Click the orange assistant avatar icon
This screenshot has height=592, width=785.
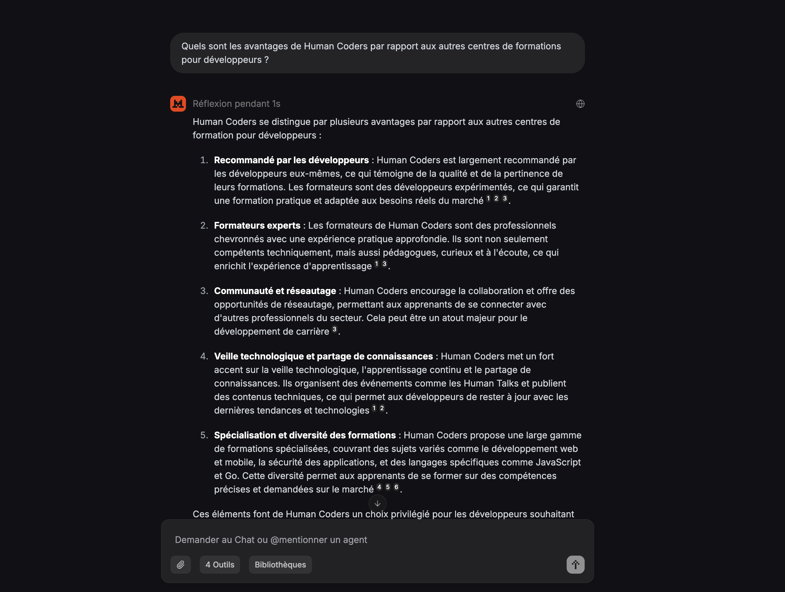(x=178, y=104)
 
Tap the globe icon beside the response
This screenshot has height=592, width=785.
(x=580, y=104)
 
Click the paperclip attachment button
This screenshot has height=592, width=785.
(x=181, y=565)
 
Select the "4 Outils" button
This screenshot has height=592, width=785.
(x=220, y=565)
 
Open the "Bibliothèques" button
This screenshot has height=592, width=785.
(x=280, y=565)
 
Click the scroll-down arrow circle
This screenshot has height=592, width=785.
(x=377, y=503)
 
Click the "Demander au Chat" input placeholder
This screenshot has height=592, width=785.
(x=271, y=540)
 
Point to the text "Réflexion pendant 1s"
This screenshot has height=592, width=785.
(x=236, y=104)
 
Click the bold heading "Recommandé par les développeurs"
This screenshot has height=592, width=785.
(x=291, y=160)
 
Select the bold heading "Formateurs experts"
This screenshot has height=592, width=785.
(x=257, y=226)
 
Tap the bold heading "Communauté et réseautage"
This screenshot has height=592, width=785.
(x=275, y=291)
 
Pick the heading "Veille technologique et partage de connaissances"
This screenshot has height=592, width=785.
(x=323, y=356)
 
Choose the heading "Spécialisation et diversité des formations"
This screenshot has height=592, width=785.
(x=305, y=435)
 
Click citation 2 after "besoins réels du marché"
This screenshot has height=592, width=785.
(x=496, y=198)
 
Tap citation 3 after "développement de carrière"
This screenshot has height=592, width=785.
(x=334, y=329)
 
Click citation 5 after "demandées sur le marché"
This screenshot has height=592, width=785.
(x=387, y=487)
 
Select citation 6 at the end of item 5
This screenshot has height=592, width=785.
(x=396, y=487)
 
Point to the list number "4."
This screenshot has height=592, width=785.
(x=204, y=356)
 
